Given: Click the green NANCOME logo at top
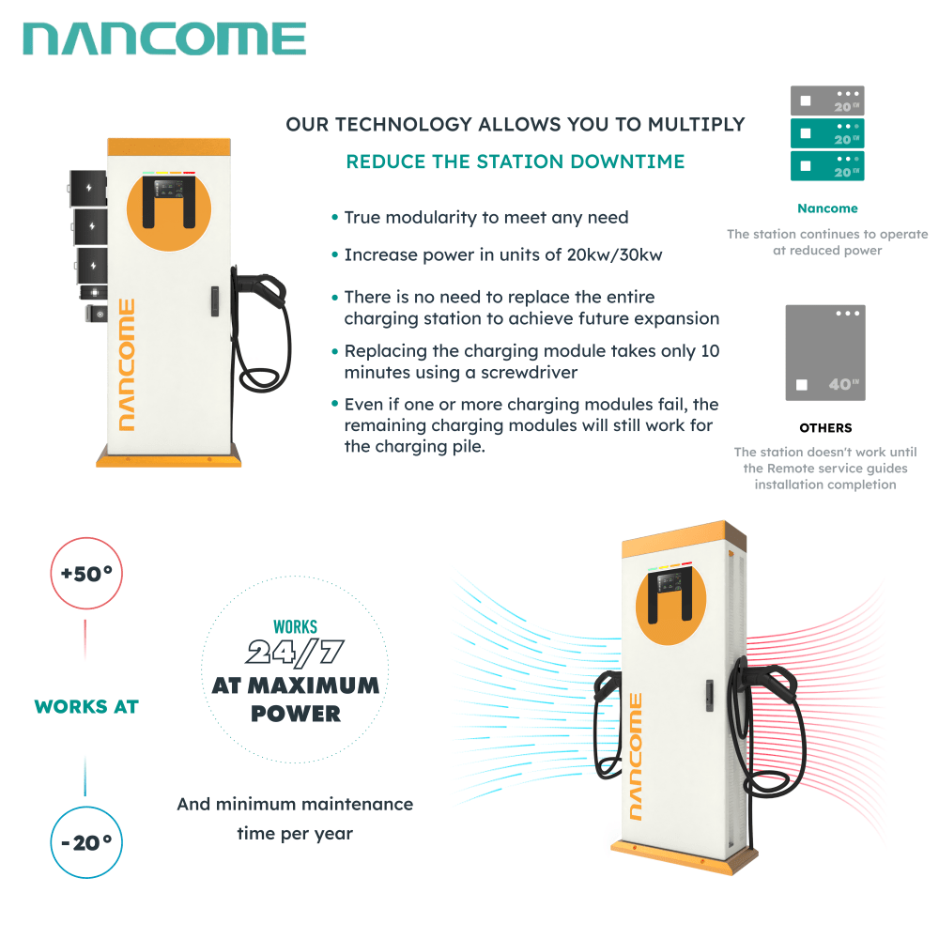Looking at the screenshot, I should pyautogui.click(x=164, y=39).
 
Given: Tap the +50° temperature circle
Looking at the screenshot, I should pyautogui.click(x=86, y=573).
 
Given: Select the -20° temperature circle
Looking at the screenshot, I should pyautogui.click(x=86, y=842).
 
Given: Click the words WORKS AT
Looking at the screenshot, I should pyautogui.click(x=86, y=707).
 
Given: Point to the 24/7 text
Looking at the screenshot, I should pyautogui.click(x=295, y=651).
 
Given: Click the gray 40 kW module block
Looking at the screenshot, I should pyautogui.click(x=825, y=352).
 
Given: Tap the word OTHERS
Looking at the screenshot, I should pyautogui.click(x=826, y=428).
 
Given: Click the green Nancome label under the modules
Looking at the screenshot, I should pyautogui.click(x=827, y=208).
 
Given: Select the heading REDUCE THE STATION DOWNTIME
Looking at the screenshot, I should pyautogui.click(x=516, y=162).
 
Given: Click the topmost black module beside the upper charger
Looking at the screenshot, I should pyautogui.click(x=89, y=188).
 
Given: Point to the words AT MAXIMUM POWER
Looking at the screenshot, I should pyautogui.click(x=296, y=699).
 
